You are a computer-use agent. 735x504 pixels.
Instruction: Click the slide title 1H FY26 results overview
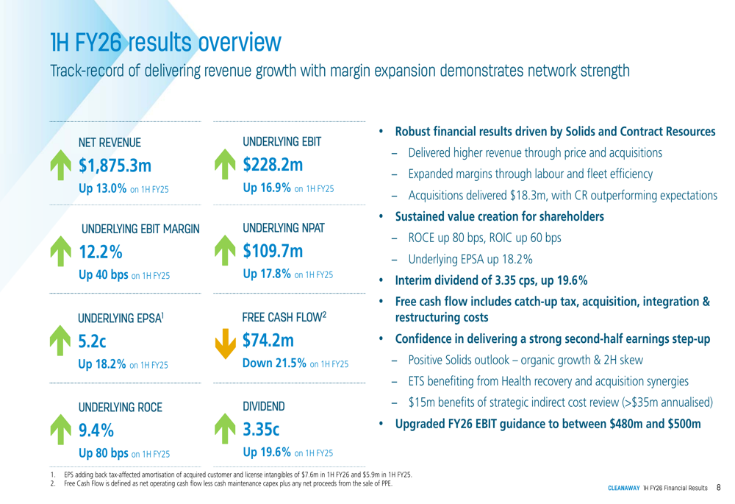[165, 42]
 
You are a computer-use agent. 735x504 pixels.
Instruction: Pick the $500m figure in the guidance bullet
[681, 425]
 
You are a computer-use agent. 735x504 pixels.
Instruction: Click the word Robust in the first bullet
[414, 132]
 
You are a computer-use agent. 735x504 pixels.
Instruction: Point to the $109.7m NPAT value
[273, 252]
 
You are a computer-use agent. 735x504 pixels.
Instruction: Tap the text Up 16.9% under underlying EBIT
[266, 190]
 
